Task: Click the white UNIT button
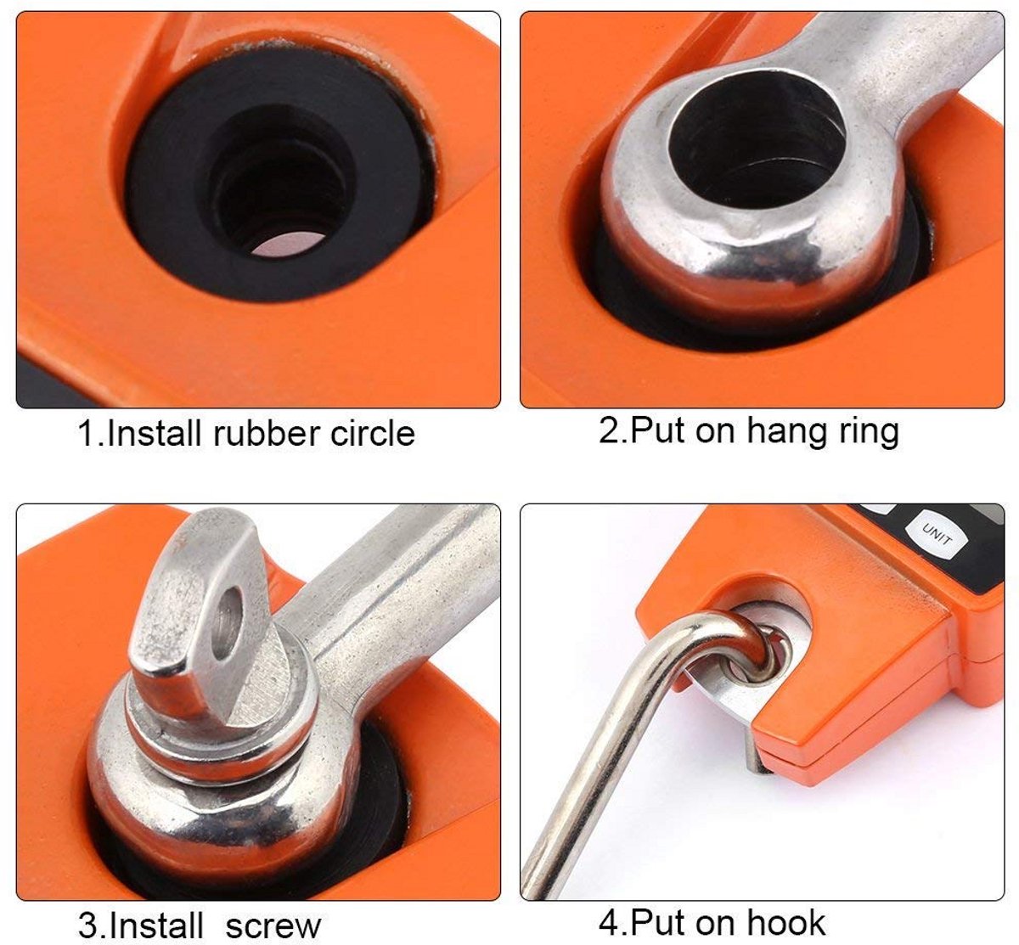(937, 537)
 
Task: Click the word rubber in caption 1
(265, 433)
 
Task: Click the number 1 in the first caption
(87, 433)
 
